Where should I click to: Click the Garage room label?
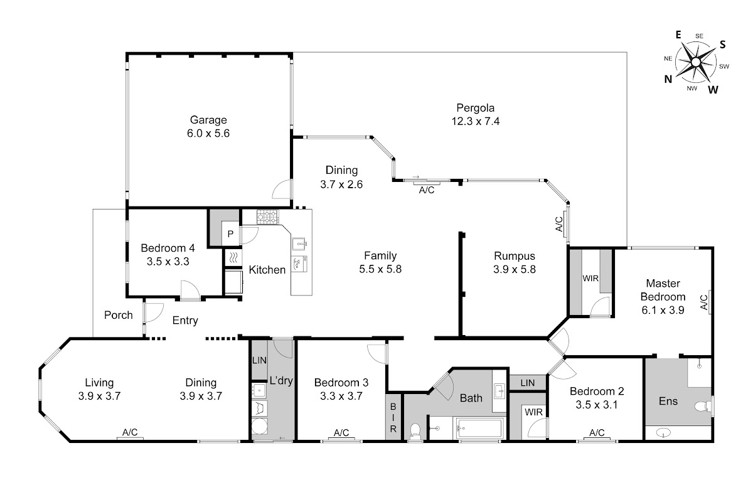point(208,120)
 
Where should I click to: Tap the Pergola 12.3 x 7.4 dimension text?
point(476,121)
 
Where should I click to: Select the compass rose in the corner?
point(695,63)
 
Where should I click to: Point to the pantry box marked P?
point(231,233)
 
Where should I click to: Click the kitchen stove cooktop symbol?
point(267,217)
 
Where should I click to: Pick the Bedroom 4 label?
point(168,248)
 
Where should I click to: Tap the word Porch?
point(119,315)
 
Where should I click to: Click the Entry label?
point(185,321)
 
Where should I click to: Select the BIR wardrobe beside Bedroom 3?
point(393,417)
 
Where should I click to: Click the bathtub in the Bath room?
point(479,429)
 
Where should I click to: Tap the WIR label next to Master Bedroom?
point(590,279)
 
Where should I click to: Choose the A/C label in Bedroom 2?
point(597,432)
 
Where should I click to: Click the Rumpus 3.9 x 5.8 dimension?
point(515,269)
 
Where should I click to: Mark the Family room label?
point(380,256)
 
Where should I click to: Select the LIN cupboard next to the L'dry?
point(259,360)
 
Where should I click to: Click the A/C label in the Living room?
point(130,432)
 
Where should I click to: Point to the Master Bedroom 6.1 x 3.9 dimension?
point(663,310)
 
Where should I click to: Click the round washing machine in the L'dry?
point(260,426)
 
